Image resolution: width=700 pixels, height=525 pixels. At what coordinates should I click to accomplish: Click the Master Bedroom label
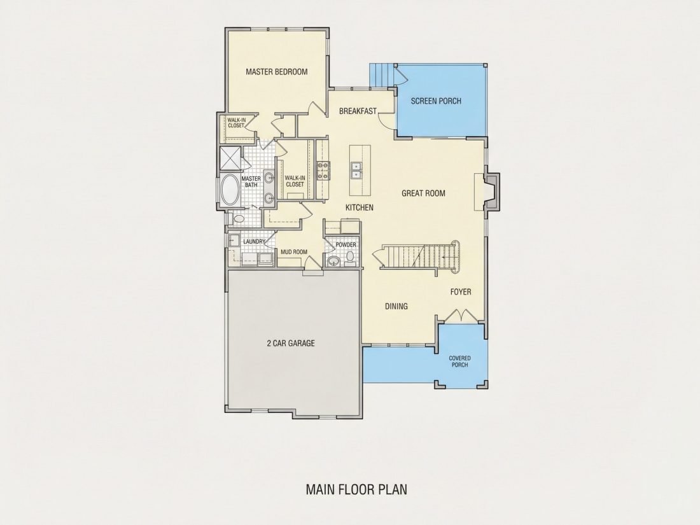(x=276, y=71)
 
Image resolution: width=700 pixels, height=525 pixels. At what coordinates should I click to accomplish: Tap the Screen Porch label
(x=436, y=101)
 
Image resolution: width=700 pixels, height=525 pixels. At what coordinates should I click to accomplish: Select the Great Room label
(x=423, y=193)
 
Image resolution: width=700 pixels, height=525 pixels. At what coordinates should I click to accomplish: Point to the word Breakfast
(x=358, y=111)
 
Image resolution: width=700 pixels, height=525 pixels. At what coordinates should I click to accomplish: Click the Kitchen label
(x=360, y=207)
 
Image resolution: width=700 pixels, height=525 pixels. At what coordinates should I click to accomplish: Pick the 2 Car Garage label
(x=291, y=343)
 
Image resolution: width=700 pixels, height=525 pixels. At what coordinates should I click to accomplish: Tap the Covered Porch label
(x=460, y=361)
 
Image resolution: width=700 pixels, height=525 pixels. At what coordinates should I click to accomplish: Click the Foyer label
(x=460, y=292)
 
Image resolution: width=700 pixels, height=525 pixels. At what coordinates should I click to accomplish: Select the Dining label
(x=396, y=306)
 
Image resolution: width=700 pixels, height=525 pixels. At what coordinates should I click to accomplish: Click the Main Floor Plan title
(x=356, y=489)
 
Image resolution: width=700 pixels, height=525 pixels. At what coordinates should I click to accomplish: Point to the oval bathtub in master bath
(x=230, y=190)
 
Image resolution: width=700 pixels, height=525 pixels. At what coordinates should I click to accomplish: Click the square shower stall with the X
(x=230, y=158)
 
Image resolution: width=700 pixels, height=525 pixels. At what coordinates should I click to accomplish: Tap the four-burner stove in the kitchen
(x=323, y=171)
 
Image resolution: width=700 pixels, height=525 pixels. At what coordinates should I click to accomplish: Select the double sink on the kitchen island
(x=356, y=169)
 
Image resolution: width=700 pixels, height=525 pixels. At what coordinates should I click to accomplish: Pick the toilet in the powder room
(x=351, y=257)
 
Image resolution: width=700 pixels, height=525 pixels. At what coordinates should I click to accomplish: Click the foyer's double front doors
(x=460, y=315)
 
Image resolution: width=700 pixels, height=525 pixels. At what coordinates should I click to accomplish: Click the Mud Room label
(x=294, y=252)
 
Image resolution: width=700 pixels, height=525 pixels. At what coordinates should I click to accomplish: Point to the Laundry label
(x=254, y=242)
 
